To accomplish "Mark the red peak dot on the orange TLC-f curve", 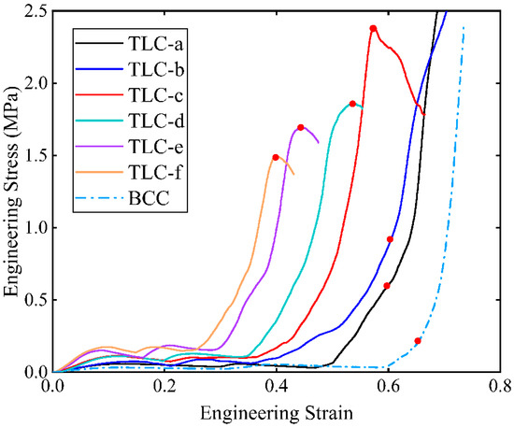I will [x=276, y=157].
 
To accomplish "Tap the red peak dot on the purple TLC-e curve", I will [x=301, y=127].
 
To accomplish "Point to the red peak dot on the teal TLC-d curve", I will [x=352, y=104].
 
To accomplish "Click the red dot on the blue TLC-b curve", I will [x=390, y=239].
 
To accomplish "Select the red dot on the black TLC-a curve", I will [x=387, y=286].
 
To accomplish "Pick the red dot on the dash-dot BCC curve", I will [x=418, y=341].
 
